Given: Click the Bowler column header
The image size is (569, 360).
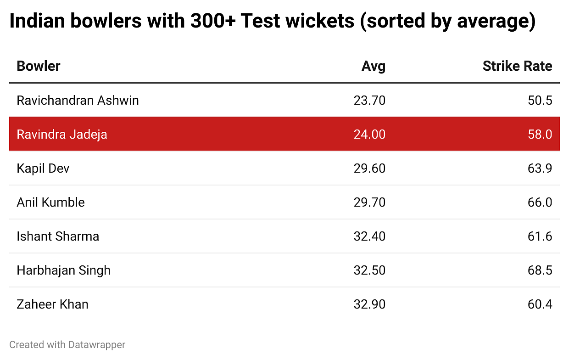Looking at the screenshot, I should [39, 66].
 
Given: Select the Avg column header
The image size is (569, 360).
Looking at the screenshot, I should [373, 66].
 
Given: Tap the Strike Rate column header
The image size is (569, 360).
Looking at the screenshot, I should [517, 66].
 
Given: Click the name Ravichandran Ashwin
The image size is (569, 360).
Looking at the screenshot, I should [78, 100].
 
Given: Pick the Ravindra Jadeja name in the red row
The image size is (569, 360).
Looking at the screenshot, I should [62, 134].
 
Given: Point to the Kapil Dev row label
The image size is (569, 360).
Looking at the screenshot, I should [43, 168].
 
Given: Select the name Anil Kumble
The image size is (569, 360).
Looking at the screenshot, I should [50, 202].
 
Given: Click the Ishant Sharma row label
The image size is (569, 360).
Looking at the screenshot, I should [58, 236].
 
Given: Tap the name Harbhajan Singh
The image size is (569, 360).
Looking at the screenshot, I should [63, 270].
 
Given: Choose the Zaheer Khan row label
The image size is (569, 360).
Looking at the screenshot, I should [52, 304].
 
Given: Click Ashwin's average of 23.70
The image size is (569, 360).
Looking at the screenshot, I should [369, 100].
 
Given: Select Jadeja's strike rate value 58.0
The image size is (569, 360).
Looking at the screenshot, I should [540, 134].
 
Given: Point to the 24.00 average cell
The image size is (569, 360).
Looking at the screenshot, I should [369, 134].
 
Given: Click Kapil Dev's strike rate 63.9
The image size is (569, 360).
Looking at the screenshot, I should [540, 168].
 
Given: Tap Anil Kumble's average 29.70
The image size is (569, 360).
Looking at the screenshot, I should [369, 202].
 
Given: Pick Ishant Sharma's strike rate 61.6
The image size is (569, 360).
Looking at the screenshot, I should [540, 236].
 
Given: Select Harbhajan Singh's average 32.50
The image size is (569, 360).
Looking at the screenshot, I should [369, 270].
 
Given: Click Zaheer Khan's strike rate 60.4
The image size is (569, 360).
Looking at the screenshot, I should [540, 304].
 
